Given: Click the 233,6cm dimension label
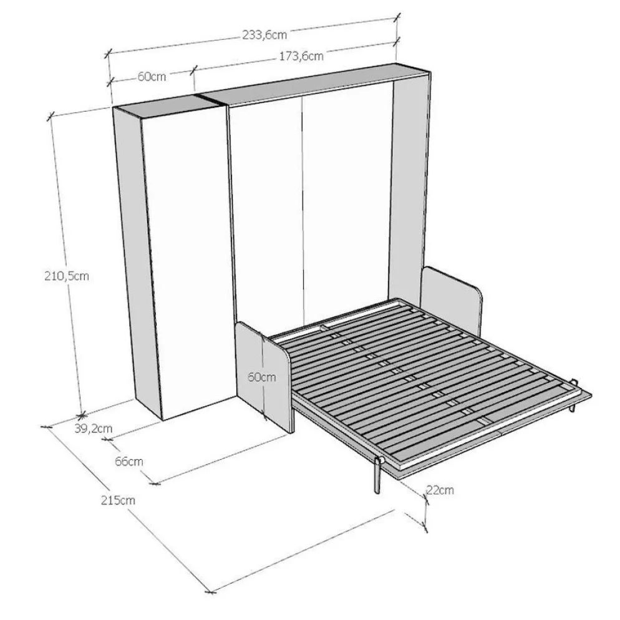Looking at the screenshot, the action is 264,35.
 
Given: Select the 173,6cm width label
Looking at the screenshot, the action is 301,56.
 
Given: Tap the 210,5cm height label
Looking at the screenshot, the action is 66,276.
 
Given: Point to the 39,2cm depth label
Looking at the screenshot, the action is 94,429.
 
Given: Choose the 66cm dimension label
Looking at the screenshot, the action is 129,461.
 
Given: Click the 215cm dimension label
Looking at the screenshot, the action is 118,500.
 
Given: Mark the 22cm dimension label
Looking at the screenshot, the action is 440,490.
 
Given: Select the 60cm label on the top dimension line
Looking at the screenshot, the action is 152,76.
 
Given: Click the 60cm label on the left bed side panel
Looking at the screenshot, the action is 262,377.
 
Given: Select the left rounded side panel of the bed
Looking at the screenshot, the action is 264,375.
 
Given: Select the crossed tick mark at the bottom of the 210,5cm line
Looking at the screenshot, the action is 81,415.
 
